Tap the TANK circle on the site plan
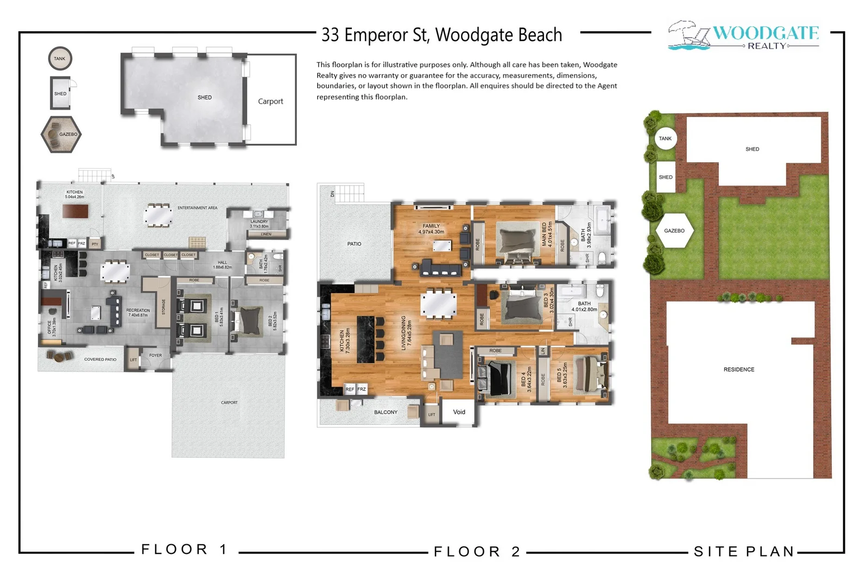pos(665,138)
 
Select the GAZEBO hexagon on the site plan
pos(674,231)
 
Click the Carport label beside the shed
pos(270,101)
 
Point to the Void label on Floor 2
pos(459,412)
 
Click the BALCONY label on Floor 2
pos(385,412)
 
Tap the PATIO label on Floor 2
pos(354,244)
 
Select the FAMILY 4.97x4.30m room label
pos(431,229)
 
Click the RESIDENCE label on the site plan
pos(738,370)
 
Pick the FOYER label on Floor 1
pos(155,355)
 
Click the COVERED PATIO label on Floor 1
pos(100,359)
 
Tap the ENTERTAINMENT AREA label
pos(197,208)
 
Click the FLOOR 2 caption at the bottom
pos(477,552)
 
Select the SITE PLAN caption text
pos(744,552)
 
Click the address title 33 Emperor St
pos(441,35)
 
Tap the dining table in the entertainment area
pos(158,215)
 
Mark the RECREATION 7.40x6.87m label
pos(138,313)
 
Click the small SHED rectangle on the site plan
pos(665,177)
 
